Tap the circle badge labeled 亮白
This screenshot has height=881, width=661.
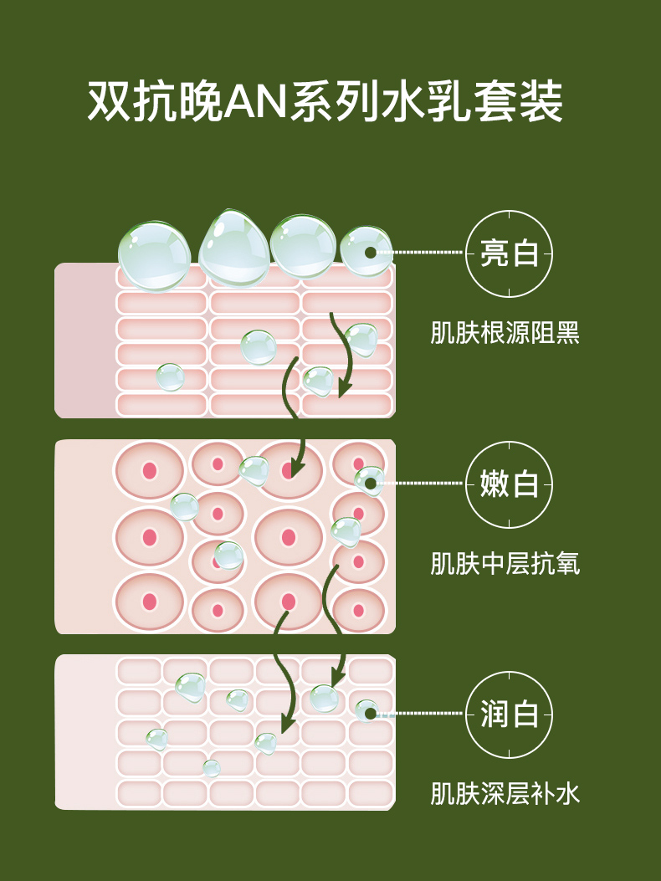[509, 253]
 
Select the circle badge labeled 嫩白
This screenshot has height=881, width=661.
[509, 484]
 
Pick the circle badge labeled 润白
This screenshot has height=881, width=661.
[509, 715]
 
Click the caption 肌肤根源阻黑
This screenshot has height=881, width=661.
[505, 333]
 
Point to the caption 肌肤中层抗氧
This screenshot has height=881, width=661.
[505, 563]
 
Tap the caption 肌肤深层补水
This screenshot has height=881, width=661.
[505, 793]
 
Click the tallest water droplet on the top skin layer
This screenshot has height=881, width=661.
[233, 248]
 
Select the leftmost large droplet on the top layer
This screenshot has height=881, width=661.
[155, 256]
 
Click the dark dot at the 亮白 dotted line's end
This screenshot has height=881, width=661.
[370, 252]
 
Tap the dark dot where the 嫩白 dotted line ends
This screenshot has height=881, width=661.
[370, 483]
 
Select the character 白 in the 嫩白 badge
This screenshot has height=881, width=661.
[525, 484]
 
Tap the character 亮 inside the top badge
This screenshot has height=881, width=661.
[493, 253]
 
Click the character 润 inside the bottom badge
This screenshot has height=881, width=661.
[493, 715]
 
